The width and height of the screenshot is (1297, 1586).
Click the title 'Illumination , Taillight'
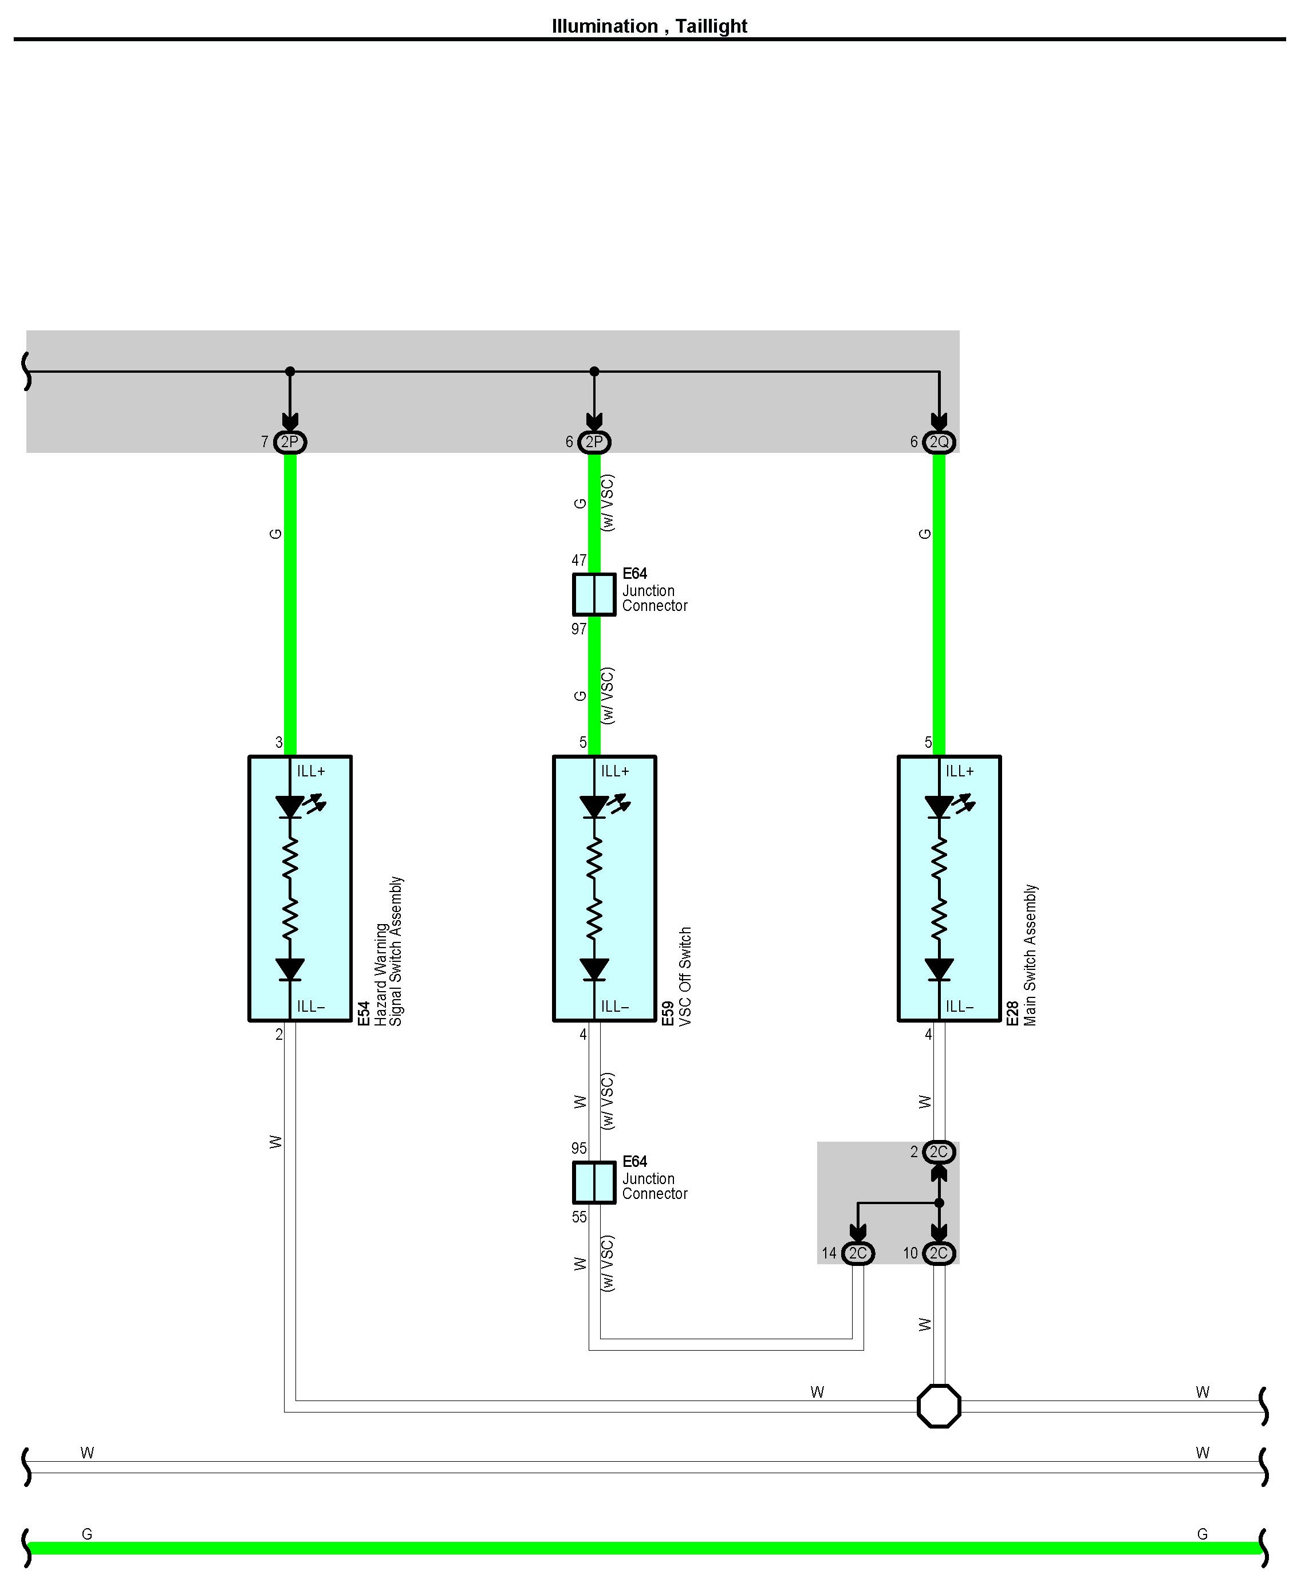pyautogui.click(x=648, y=26)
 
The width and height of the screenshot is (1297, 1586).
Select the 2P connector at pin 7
pyautogui.click(x=290, y=442)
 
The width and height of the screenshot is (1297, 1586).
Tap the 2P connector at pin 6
pyautogui.click(x=594, y=442)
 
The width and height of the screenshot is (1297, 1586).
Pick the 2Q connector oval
pyautogui.click(x=939, y=442)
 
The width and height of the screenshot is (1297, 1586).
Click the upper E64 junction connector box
pyautogui.click(x=594, y=595)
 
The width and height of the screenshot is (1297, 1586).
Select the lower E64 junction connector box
pyautogui.click(x=594, y=1182)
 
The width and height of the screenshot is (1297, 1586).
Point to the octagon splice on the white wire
pyautogui.click(x=939, y=1406)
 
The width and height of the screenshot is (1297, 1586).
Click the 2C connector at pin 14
pyautogui.click(x=858, y=1253)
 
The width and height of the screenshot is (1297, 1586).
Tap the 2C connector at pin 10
pyautogui.click(x=939, y=1253)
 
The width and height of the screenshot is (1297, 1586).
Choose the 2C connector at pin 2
pyautogui.click(x=939, y=1152)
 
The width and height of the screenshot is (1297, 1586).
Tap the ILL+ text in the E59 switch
pyautogui.click(x=615, y=771)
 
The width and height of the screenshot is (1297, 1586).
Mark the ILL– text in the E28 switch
pyautogui.click(x=959, y=1007)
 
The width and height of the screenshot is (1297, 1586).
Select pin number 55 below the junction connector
pyautogui.click(x=579, y=1217)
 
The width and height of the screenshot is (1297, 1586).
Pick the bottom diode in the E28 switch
pyautogui.click(x=939, y=969)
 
